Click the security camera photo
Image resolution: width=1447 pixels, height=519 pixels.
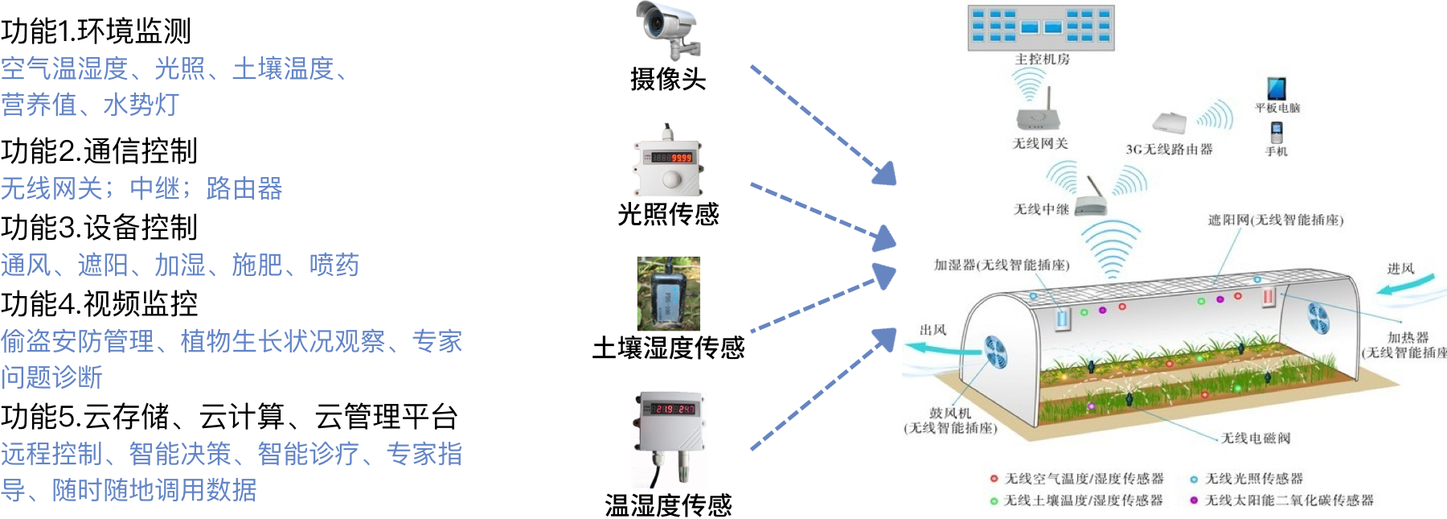pyautogui.click(x=668, y=31)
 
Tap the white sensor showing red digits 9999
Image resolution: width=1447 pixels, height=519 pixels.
pyautogui.click(x=668, y=159)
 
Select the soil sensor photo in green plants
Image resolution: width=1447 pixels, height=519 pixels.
pyautogui.click(x=669, y=294)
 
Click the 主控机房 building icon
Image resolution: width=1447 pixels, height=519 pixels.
pyautogui.click(x=1040, y=27)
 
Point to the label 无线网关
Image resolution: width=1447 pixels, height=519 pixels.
pyautogui.click(x=1040, y=144)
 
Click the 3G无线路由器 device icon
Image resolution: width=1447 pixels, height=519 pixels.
pyautogui.click(x=1170, y=123)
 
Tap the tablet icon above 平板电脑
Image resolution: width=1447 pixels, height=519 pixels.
pyautogui.click(x=1277, y=88)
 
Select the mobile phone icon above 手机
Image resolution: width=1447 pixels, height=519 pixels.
pyautogui.click(x=1277, y=131)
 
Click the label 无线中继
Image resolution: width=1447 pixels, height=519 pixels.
pyautogui.click(x=1041, y=209)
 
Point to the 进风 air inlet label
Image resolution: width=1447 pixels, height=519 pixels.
pyautogui.click(x=1400, y=269)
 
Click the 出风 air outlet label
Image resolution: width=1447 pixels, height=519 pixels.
pyautogui.click(x=933, y=330)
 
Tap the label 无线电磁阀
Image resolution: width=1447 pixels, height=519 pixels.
pyautogui.click(x=1256, y=438)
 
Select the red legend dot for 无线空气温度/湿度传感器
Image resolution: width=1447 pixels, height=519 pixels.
pyautogui.click(x=994, y=479)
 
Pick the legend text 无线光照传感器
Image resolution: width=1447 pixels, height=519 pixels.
pyautogui.click(x=1254, y=479)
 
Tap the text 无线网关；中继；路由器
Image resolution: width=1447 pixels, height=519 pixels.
pyautogui.click(x=141, y=189)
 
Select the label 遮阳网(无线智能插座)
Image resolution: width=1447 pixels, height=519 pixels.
pyautogui.click(x=1276, y=220)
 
